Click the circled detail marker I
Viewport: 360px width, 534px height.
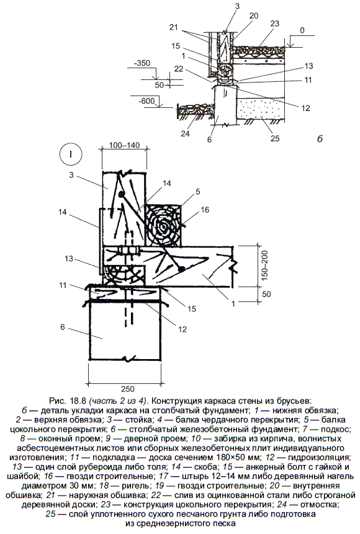click(x=71, y=155)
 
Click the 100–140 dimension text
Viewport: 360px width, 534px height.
click(x=124, y=146)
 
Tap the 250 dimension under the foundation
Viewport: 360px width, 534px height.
click(x=127, y=388)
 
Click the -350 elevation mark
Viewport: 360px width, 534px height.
click(x=143, y=63)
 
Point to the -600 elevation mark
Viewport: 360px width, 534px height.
click(x=147, y=101)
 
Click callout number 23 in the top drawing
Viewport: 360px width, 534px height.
click(x=274, y=24)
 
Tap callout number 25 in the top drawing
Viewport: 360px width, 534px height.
click(x=275, y=138)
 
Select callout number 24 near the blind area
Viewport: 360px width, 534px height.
click(x=185, y=134)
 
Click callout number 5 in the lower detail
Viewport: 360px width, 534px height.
click(x=197, y=192)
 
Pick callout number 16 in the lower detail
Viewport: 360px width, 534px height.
click(x=205, y=210)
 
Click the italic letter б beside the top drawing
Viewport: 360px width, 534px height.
click(x=320, y=138)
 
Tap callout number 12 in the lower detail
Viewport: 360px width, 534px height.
click(x=182, y=329)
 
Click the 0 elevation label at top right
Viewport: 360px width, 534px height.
click(x=302, y=30)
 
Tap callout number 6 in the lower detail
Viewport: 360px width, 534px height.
click(x=63, y=327)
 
